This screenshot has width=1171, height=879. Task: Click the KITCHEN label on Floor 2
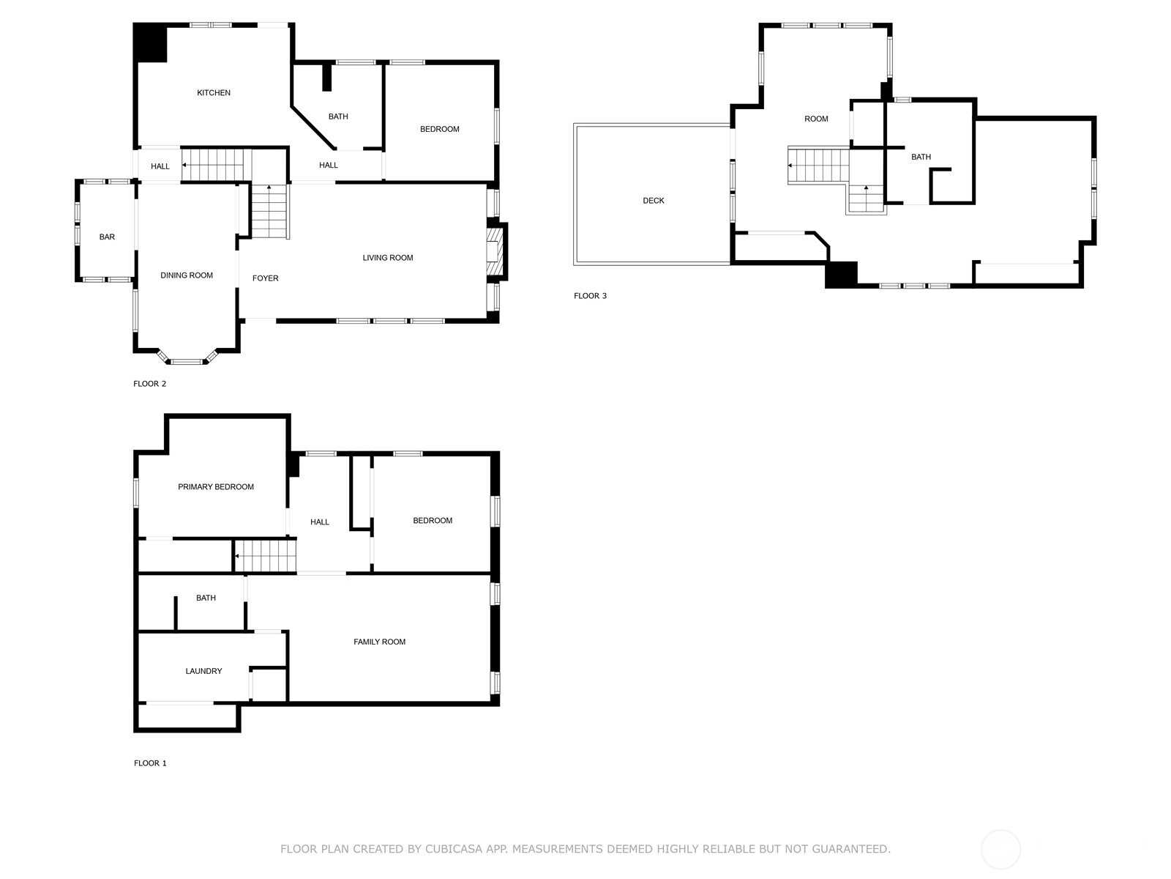coord(214,93)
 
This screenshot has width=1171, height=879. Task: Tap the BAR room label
coord(107,237)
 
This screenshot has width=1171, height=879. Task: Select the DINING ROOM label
coord(186,275)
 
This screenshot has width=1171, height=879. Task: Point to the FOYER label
coord(265,278)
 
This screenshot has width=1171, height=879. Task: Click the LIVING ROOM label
coord(388,258)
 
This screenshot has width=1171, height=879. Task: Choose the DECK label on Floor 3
coord(654,201)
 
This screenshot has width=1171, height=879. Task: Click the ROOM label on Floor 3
coord(816,119)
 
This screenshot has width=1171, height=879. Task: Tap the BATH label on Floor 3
coord(921,157)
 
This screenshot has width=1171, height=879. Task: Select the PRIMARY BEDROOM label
coord(215,486)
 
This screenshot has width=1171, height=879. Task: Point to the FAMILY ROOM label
coord(379,642)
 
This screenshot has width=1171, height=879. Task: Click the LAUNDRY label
coord(203,672)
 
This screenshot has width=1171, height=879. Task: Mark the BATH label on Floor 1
coord(206,598)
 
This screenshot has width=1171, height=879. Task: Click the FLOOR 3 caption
coord(590,296)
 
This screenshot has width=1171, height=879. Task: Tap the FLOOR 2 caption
coord(149,384)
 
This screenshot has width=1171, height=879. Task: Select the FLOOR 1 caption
coord(150,763)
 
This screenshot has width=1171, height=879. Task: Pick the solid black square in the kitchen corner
coord(150,42)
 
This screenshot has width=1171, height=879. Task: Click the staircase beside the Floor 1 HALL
coord(266,555)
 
